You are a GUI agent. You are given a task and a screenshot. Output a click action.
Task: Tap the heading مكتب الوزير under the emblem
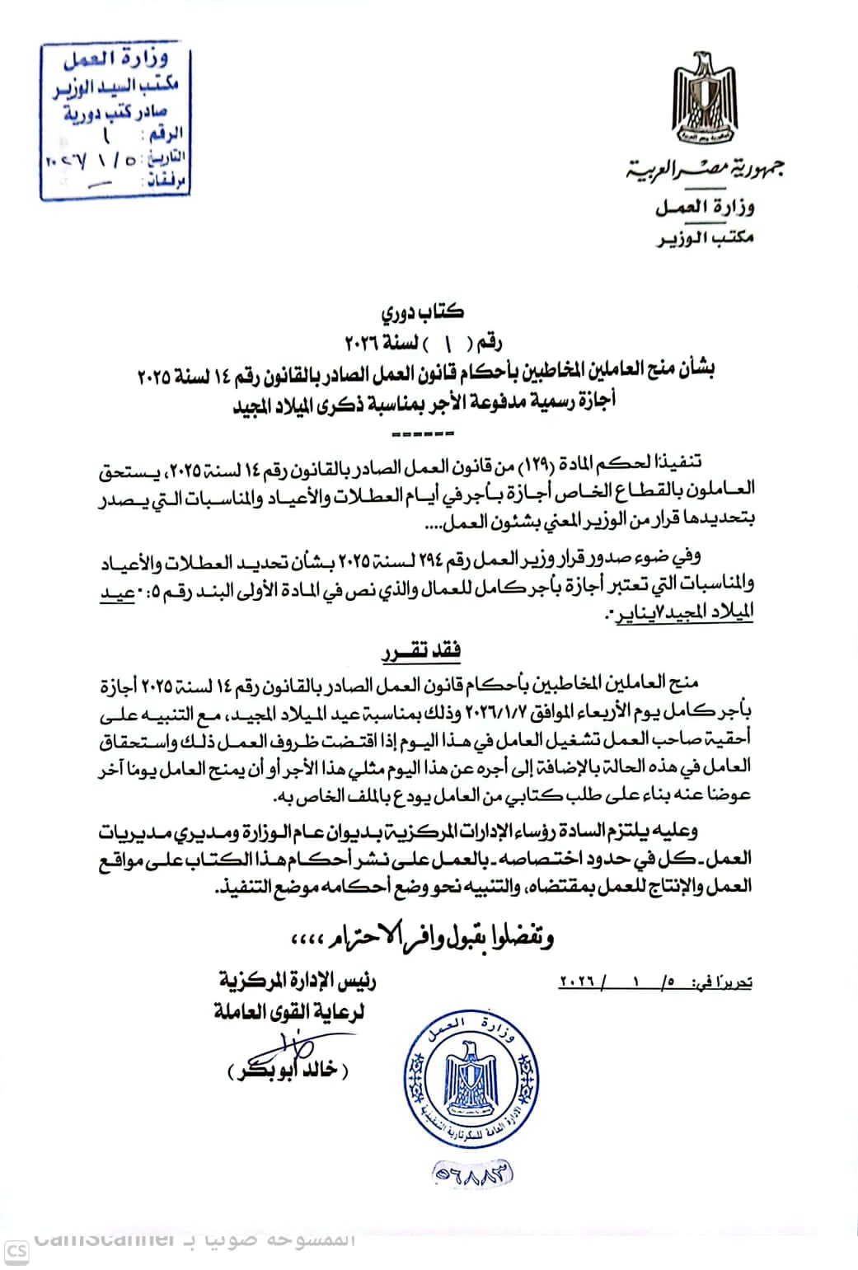(x=705, y=238)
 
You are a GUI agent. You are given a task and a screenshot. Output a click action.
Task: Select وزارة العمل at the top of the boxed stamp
(x=126, y=60)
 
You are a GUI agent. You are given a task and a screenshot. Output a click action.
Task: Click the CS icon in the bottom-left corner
(x=17, y=1251)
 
